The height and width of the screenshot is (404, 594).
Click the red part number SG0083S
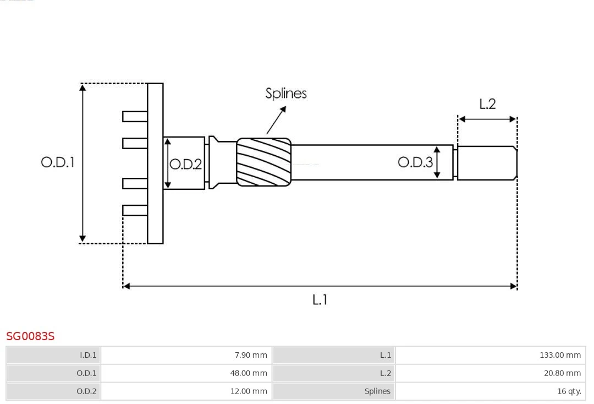pos(30,336)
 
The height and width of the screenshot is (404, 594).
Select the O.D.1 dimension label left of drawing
pos(57,162)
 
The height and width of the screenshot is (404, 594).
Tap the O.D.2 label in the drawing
pos(185,164)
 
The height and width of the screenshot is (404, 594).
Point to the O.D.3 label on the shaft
pos(415,162)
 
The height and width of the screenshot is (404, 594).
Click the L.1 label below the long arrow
pos(320,300)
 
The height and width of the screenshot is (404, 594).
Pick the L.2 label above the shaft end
pos(487,104)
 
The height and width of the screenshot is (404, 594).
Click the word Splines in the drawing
pos(286,93)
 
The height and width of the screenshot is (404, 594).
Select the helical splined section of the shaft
pos(263,161)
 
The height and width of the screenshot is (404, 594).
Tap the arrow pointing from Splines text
pos(277,119)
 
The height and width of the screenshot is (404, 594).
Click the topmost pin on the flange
pos(135,116)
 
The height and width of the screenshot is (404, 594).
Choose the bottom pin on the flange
pos(135,210)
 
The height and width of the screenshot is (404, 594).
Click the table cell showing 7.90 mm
pos(186,355)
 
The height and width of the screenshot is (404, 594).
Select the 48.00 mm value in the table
pos(186,373)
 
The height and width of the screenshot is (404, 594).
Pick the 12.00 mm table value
pos(186,391)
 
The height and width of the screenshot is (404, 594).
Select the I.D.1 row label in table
pos(54,355)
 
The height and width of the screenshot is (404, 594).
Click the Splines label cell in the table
pos(334,391)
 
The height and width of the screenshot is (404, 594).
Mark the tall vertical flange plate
pos(155,163)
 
